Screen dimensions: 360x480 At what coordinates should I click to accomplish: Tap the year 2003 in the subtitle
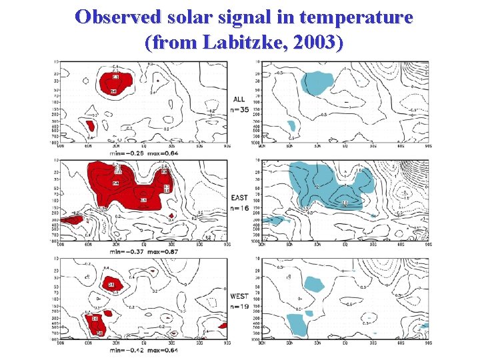tap(319, 43)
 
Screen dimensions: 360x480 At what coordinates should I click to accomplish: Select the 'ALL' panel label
tap(239, 99)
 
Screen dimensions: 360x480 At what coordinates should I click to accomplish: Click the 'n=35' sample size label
tap(239, 109)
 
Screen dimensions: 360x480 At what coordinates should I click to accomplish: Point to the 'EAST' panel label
tap(239, 198)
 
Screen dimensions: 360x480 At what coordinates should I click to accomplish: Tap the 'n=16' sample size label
tap(239, 208)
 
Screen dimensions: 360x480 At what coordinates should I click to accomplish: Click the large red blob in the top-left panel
tap(115, 82)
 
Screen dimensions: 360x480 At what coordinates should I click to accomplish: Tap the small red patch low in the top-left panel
tap(91, 125)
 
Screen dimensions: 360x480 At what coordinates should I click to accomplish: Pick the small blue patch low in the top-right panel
tap(291, 125)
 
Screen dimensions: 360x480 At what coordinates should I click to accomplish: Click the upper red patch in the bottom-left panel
tap(111, 285)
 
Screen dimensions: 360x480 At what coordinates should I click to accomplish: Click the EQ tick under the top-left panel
tap(143, 145)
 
